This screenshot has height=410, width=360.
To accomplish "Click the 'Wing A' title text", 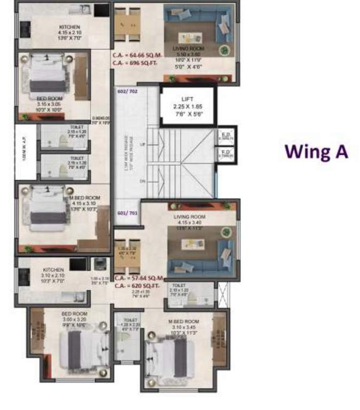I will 316,151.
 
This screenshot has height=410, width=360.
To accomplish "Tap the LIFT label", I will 187,99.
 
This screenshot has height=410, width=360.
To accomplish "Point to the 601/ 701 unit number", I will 126,212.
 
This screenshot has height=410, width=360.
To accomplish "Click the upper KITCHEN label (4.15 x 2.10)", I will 69,27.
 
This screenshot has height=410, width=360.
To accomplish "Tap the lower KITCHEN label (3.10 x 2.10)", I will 53,270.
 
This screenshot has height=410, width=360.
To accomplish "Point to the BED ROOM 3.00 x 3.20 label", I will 74,314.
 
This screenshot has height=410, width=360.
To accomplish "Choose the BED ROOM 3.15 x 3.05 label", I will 49,99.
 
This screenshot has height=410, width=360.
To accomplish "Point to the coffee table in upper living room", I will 191,37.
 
